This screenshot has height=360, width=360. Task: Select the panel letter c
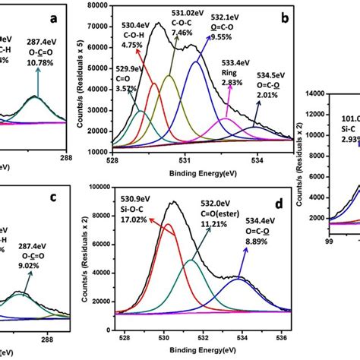click(x=73, y=199)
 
